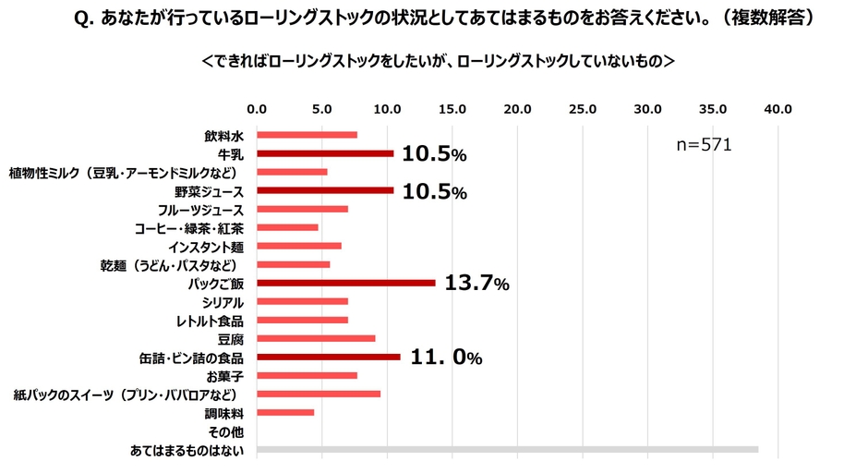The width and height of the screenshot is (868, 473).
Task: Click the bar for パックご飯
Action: pyautogui.click(x=345, y=283)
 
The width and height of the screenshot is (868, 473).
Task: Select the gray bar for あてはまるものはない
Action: pyautogui.click(x=507, y=450)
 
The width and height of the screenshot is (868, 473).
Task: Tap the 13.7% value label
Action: pyautogui.click(x=476, y=283)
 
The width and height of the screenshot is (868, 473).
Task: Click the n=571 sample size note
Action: pyautogui.click(x=705, y=144)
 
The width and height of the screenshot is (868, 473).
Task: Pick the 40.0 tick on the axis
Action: pyautogui.click(x=778, y=109)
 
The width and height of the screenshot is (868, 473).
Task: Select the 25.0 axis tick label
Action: pyautogui.click(x=583, y=109)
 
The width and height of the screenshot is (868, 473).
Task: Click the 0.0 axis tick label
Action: pyautogui.click(x=257, y=109)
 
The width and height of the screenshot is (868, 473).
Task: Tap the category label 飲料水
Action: pyautogui.click(x=223, y=136)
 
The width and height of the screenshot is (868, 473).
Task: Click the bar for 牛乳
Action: pyautogui.click(x=325, y=153)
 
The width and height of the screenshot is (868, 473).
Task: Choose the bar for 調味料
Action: pyautogui.click(x=285, y=412)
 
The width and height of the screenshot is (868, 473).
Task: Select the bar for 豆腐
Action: pyautogui.click(x=316, y=338)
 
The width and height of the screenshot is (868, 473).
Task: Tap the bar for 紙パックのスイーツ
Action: pyautogui.click(x=319, y=394)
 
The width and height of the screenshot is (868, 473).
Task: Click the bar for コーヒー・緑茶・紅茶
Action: pyautogui.click(x=287, y=227)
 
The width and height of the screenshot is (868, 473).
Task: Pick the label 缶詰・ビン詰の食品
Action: pyautogui.click(x=189, y=358)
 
